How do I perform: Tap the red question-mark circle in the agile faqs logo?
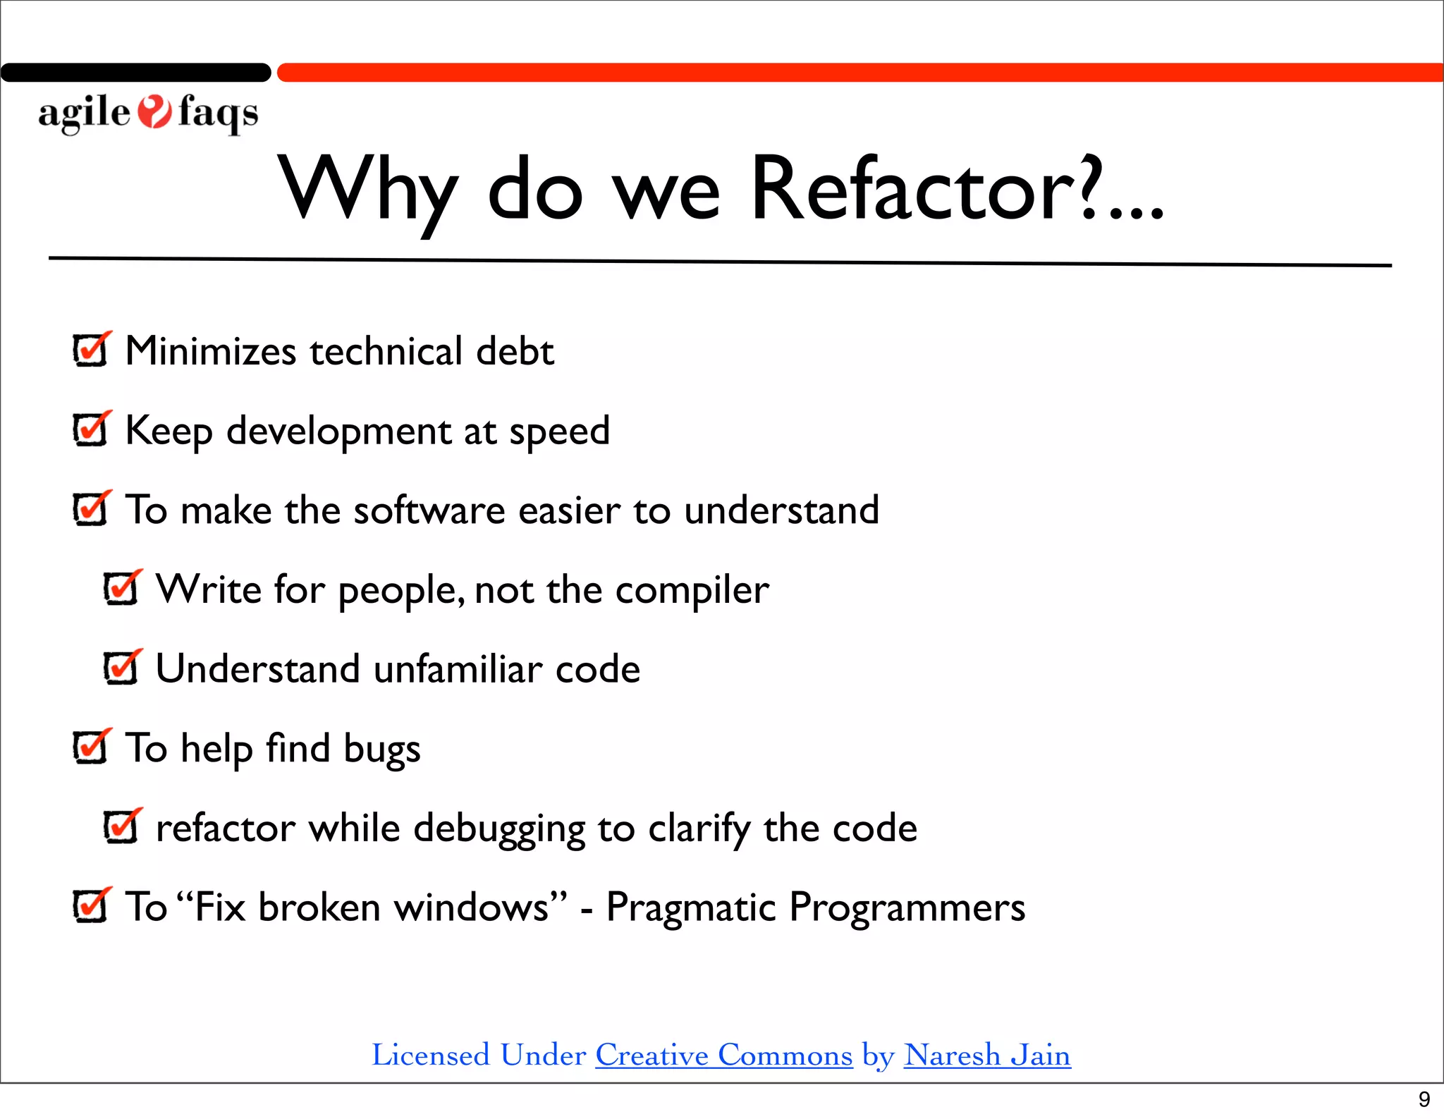154,112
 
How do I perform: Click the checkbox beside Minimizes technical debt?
90,350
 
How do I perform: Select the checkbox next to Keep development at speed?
90,429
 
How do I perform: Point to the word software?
429,510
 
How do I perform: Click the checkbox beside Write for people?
121,589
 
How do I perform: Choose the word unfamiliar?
458,668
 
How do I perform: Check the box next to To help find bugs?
90,747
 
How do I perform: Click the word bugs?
381,750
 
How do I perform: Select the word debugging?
499,829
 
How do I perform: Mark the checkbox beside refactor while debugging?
121,827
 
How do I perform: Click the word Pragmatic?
690,907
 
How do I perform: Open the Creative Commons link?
723,1056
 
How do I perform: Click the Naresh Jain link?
987,1056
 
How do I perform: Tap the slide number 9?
1424,1099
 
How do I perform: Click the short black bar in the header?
135,73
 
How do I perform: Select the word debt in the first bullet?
515,351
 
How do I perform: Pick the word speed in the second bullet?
559,432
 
